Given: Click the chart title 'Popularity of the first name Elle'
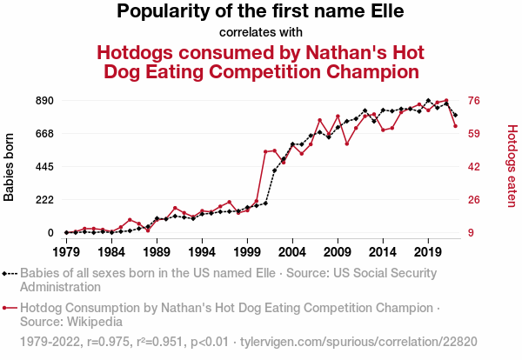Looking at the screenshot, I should pyautogui.click(x=260, y=12).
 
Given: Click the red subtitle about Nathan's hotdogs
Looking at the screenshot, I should pyautogui.click(x=261, y=61).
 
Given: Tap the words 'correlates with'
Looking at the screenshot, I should pyautogui.click(x=261, y=33).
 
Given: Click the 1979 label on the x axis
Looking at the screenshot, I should pyautogui.click(x=66, y=251).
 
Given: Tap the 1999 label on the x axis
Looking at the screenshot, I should pyautogui.click(x=247, y=251).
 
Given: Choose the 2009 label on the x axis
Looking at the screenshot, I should pyautogui.click(x=338, y=251).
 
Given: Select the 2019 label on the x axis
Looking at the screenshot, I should pyautogui.click(x=428, y=251).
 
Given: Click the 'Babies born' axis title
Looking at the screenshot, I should pyautogui.click(x=10, y=167).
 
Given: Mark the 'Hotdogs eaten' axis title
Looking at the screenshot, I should pyautogui.click(x=512, y=167).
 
